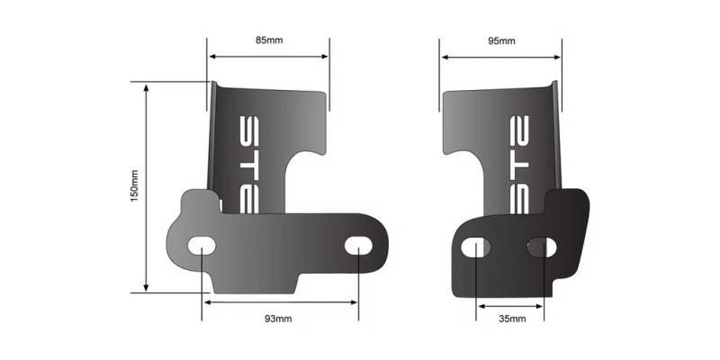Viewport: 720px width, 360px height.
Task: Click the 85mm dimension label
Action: [267, 40]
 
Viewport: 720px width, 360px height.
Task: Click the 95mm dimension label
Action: [501, 40]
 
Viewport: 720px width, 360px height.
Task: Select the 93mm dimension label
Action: [278, 319]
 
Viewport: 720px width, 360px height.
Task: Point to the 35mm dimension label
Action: [508, 319]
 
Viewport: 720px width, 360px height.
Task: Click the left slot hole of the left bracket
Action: [202, 245]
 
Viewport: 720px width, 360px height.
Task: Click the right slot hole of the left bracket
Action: [358, 245]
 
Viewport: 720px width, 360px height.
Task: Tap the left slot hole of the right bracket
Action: [476, 246]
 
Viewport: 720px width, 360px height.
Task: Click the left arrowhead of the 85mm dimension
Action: [213, 56]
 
